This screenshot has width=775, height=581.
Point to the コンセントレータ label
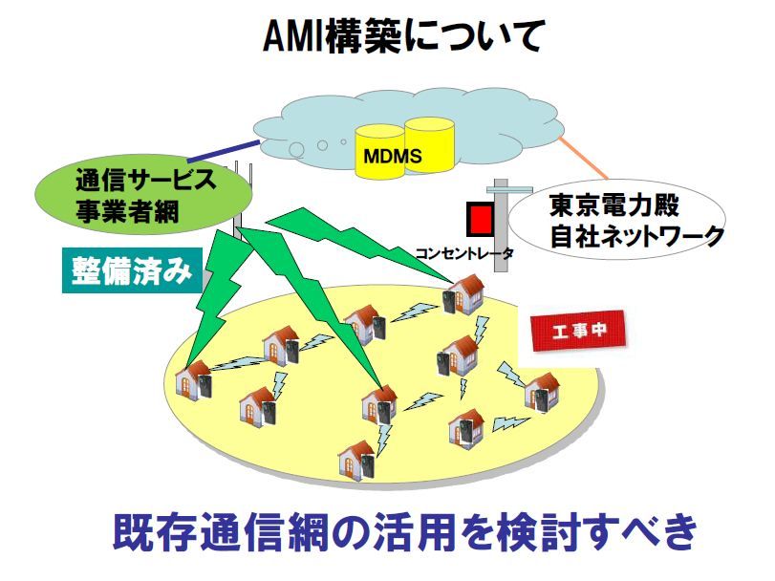(x=464, y=253)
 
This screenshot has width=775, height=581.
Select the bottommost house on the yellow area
(x=359, y=458)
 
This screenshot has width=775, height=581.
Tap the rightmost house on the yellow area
(x=541, y=389)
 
